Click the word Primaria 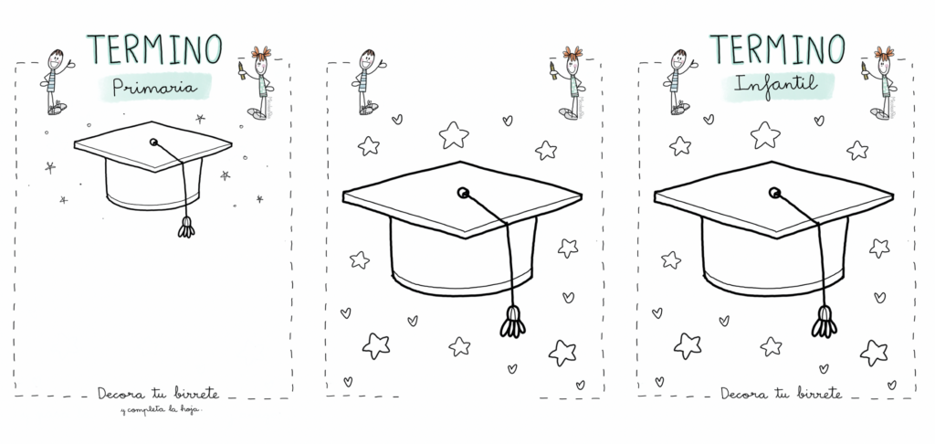click(154, 88)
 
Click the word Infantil click(776, 84)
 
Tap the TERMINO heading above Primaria click(154, 49)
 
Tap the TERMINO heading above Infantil click(777, 49)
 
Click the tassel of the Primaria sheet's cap click(186, 227)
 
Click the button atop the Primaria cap click(153, 142)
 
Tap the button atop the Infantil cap click(774, 192)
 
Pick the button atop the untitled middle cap click(463, 192)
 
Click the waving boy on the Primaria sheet click(56, 81)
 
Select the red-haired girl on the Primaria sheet click(258, 82)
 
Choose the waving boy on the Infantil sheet click(678, 81)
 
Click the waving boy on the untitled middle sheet click(367, 81)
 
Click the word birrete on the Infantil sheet click(819, 393)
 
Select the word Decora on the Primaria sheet click(119, 394)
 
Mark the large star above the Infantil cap click(765, 135)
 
